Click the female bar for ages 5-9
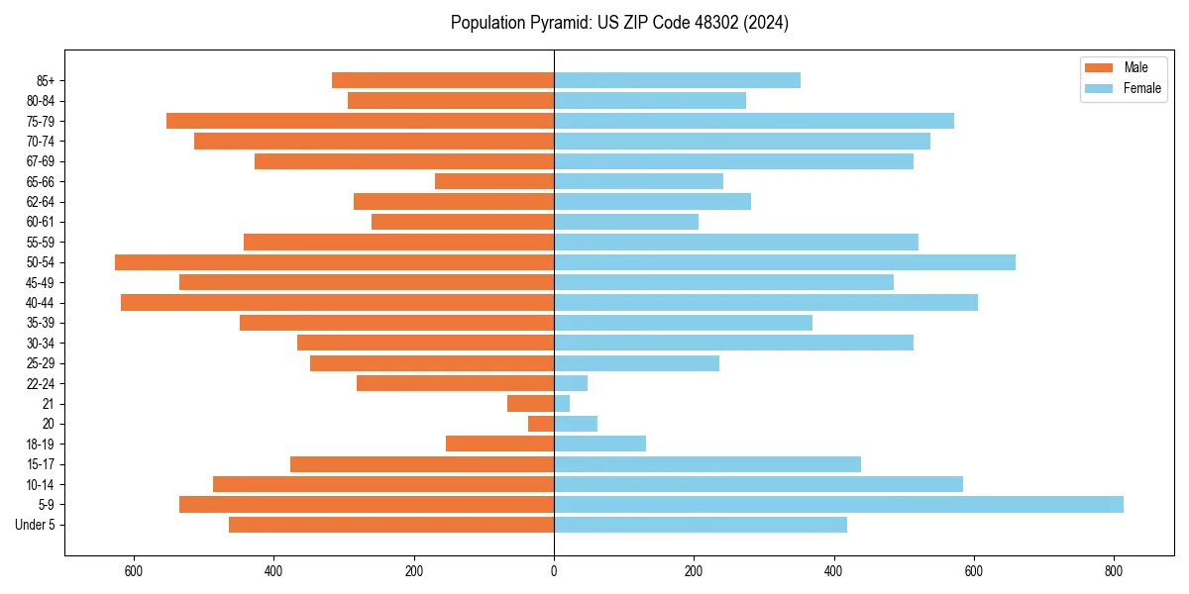click(x=838, y=504)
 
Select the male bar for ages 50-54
click(x=334, y=262)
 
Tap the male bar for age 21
click(x=530, y=403)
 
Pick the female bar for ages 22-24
click(x=571, y=383)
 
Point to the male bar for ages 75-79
click(x=360, y=121)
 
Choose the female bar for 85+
click(x=677, y=80)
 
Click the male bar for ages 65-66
click(x=494, y=181)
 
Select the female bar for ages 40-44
click(x=766, y=302)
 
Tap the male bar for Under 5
click(x=391, y=525)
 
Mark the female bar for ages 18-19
click(x=599, y=444)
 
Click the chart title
click(x=619, y=23)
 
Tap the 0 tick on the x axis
click(x=554, y=571)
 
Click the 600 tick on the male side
click(x=134, y=571)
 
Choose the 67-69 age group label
click(x=41, y=161)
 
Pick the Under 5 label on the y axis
click(x=35, y=525)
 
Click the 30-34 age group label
click(x=41, y=343)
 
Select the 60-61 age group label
click(x=41, y=222)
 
